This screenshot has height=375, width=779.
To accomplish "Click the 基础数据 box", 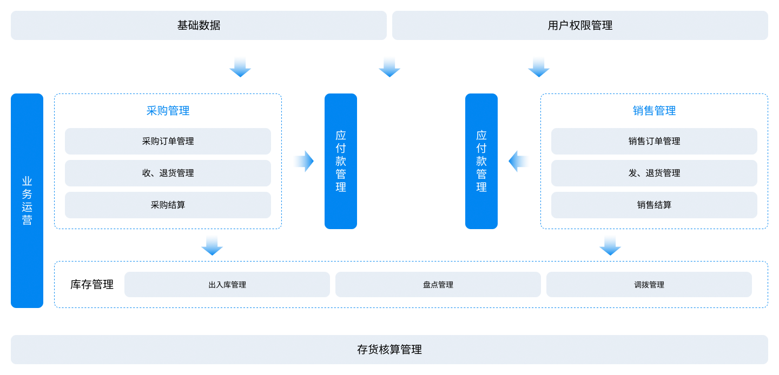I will [199, 25].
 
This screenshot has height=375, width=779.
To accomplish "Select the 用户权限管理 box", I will [580, 25].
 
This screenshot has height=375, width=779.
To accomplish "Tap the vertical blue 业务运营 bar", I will [27, 200].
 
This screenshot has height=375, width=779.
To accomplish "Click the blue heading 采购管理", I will [168, 111].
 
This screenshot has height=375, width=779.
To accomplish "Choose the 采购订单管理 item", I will [168, 141].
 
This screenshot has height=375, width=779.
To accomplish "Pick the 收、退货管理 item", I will [168, 173].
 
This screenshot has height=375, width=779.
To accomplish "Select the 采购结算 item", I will [168, 205].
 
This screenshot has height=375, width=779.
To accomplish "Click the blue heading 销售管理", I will [654, 111].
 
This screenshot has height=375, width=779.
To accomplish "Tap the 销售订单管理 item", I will [654, 141].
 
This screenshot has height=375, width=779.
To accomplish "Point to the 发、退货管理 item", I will [654, 173].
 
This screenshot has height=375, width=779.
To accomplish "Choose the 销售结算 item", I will [654, 205].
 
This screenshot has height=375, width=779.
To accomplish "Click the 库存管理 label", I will [92, 285].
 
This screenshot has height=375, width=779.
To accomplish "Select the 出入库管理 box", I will [227, 285].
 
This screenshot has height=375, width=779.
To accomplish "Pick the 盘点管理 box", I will [438, 285].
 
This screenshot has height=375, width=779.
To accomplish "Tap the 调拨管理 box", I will [649, 285].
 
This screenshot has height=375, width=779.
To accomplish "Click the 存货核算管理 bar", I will [389, 350].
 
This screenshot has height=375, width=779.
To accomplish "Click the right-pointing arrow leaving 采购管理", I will [305, 161].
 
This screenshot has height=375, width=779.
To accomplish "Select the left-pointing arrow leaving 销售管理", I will [518, 161].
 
